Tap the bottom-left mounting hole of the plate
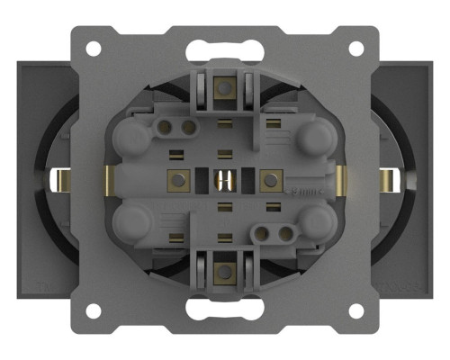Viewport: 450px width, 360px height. pos(92,311)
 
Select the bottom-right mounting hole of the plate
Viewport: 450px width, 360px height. pos(356,311)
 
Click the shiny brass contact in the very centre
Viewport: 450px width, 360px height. pos(224,180)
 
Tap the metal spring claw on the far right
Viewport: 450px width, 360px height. pos(389,179)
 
